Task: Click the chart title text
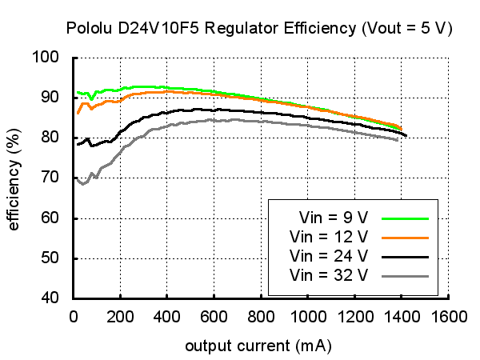click(x=259, y=29)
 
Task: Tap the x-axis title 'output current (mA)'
click(x=258, y=347)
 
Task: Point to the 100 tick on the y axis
click(x=53, y=57)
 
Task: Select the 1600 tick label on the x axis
click(x=448, y=316)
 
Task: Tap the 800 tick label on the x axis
click(x=260, y=316)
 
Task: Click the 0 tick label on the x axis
click(x=73, y=316)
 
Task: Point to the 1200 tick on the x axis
click(x=354, y=316)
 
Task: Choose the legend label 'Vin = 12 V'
click(x=329, y=237)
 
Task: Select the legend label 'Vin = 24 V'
click(x=329, y=256)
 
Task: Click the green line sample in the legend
click(x=406, y=218)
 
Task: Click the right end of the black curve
click(x=406, y=135)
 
